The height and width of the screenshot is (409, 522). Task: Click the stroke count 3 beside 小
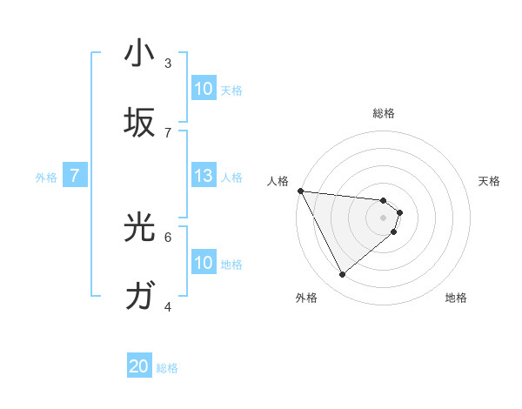coord(168,64)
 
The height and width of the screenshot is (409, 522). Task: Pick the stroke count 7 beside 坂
coord(168,132)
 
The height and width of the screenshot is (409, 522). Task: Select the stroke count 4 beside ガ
coord(168,306)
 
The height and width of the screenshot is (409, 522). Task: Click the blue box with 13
coord(203,177)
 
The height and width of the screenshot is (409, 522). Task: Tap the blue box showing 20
coord(138,367)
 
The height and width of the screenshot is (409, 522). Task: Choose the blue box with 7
coord(75,177)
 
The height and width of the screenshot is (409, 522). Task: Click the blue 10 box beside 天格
coord(203,89)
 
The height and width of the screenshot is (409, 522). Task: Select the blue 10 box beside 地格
coord(203,263)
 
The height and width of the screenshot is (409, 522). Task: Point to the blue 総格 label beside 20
coord(167,368)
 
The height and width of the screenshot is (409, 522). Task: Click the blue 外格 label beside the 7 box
coord(46,178)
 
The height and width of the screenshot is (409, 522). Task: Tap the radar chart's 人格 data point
coord(300,191)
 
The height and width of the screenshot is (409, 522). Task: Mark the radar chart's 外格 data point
coord(342,274)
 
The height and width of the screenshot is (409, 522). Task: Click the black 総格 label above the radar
coord(383,113)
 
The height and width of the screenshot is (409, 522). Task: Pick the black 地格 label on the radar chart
coord(456,298)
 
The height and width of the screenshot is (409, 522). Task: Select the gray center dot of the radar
coord(383,217)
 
